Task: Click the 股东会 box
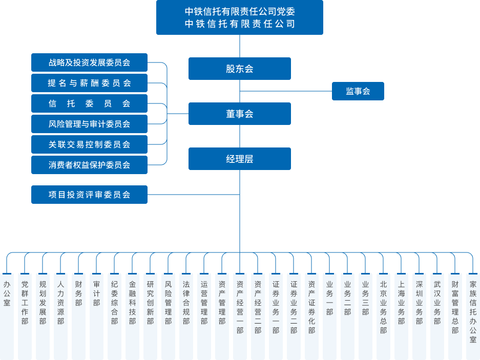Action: click(239, 69)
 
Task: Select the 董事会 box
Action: click(239, 114)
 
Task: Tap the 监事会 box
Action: click(358, 91)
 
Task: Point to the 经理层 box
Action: click(239, 159)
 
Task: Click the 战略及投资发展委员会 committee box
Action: click(89, 62)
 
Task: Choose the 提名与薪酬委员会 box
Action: click(89, 83)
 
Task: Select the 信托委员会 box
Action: click(89, 103)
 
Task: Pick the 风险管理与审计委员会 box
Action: click(89, 124)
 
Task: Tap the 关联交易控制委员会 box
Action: click(89, 144)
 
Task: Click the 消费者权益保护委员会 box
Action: click(89, 165)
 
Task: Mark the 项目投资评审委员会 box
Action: click(89, 195)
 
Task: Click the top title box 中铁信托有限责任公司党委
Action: click(239, 17)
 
